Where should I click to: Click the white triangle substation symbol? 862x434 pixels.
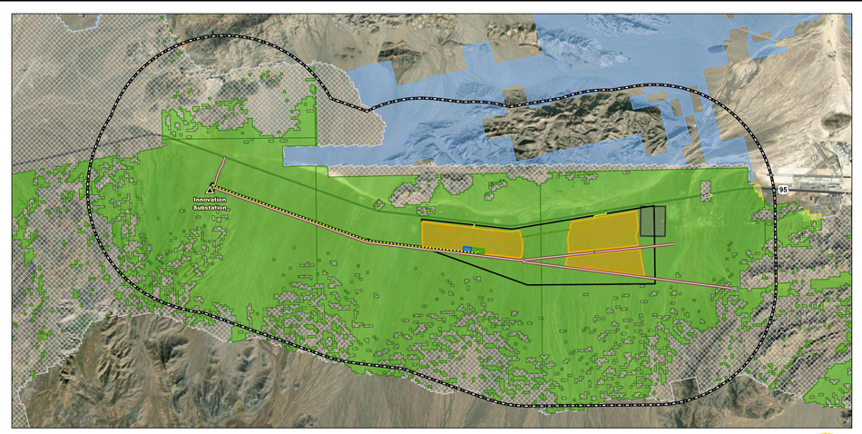click(210, 189)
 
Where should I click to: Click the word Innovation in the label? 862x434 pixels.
click(210, 201)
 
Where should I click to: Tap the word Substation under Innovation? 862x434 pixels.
click(210, 208)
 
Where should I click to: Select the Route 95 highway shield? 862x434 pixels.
click(782, 190)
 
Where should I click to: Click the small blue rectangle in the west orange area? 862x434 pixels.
click(467, 248)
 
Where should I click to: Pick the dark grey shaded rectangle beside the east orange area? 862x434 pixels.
click(653, 222)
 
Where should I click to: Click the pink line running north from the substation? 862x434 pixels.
click(220, 172)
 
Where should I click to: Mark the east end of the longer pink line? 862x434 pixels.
click(733, 289)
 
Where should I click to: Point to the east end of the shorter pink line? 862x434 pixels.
click(671, 244)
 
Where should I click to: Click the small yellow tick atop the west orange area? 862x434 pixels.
click(474, 223)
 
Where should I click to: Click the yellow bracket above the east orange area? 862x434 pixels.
click(600, 215)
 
